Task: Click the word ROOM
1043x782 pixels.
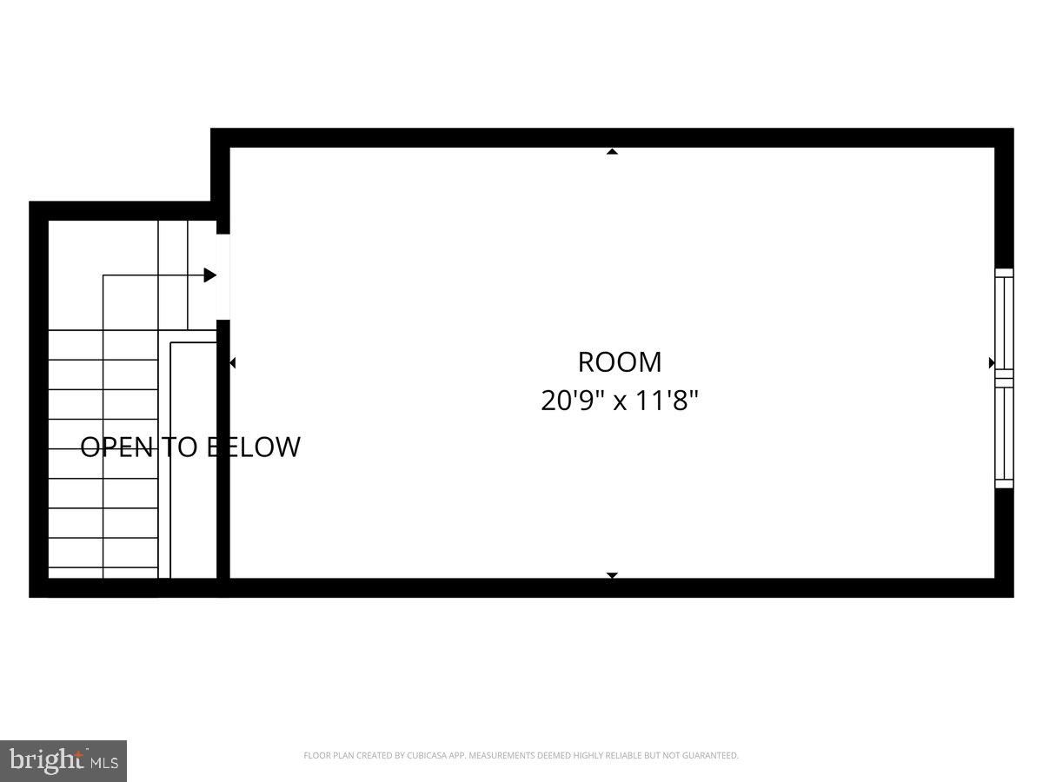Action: (619, 362)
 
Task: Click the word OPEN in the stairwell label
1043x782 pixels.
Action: (116, 447)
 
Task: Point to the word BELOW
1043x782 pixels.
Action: (254, 447)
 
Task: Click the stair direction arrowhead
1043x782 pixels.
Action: (210, 275)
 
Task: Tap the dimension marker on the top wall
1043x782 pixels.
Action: (612, 151)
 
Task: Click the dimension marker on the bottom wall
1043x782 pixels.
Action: (612, 575)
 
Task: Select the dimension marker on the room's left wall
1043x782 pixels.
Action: (232, 363)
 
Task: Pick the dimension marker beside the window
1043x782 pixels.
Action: (992, 362)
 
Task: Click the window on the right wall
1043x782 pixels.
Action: (1004, 379)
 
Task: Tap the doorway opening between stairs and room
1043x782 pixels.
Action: (223, 277)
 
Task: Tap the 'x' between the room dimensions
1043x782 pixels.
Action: (620, 402)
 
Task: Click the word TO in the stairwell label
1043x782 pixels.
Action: (180, 447)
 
